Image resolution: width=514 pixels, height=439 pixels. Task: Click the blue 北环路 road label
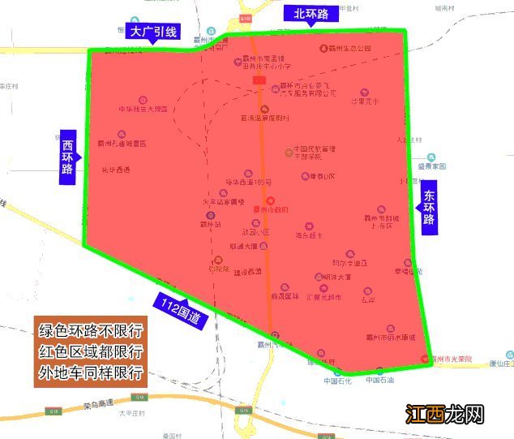[x=311, y=13]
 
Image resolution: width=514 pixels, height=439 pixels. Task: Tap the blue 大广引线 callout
[x=153, y=32]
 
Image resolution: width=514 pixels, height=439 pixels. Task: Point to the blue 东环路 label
[x=429, y=208]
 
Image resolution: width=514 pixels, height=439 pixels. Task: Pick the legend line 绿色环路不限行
[x=91, y=332]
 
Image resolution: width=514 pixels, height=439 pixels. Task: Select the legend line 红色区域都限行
[x=91, y=353]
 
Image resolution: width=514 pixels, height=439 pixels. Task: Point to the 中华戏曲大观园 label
[x=144, y=108]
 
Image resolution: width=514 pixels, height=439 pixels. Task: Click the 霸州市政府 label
[x=270, y=209]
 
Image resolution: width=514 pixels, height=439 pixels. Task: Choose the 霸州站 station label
[x=211, y=224]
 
